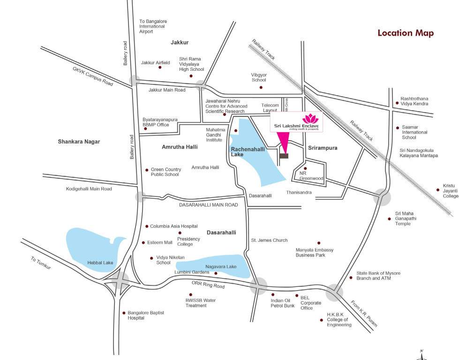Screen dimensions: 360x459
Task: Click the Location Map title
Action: click(x=406, y=33)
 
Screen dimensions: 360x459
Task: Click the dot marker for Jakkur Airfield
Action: click(x=160, y=67)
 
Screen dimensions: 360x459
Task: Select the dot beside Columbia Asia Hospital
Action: click(x=147, y=226)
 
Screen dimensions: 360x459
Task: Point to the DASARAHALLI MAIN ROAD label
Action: click(x=208, y=205)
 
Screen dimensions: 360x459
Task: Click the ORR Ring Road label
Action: click(x=208, y=285)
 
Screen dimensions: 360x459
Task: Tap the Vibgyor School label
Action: click(x=258, y=77)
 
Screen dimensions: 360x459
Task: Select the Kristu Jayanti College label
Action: click(x=450, y=191)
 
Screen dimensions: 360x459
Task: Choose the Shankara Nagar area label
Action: click(x=79, y=142)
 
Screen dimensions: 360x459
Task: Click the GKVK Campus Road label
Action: click(x=93, y=76)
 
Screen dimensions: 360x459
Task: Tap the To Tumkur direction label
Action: click(x=40, y=262)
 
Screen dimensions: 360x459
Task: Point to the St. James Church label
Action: click(x=269, y=240)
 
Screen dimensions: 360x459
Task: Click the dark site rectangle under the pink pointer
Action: click(x=284, y=156)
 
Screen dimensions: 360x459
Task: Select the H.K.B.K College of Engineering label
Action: click(x=339, y=320)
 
